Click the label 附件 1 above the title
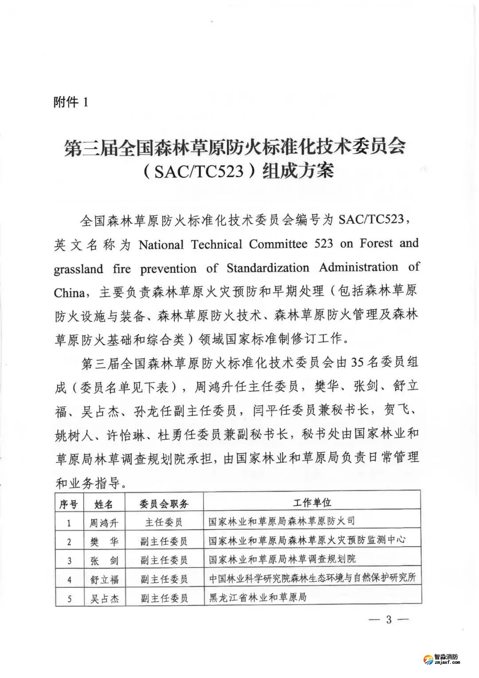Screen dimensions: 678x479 coord(71,103)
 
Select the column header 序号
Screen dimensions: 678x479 coord(69,504)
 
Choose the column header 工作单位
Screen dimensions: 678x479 coord(312,503)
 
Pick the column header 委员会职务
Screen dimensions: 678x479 coord(164,504)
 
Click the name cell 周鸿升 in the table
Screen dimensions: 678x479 coord(105,523)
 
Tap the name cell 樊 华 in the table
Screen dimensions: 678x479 coord(105,542)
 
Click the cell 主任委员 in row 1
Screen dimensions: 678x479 coord(164,523)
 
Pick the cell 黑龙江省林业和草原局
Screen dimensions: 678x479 coord(258,598)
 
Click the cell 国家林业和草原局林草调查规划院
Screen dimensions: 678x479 coord(282,559)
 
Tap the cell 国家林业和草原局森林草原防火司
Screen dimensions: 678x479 coord(282,521)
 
